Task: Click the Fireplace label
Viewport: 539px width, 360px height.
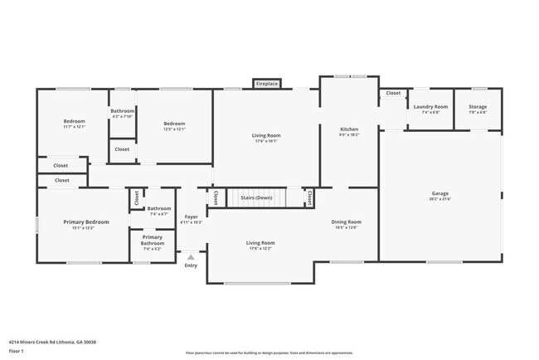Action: tap(267, 84)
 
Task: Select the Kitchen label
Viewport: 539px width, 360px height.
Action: tap(349, 130)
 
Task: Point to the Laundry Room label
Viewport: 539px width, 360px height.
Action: tap(430, 107)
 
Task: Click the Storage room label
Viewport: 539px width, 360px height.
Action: tap(478, 107)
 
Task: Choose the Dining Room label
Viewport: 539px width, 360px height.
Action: tap(347, 221)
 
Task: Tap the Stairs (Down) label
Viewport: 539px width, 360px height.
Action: tap(256, 198)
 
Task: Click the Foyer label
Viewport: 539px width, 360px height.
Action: tap(192, 218)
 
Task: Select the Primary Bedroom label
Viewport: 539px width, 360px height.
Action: tap(86, 222)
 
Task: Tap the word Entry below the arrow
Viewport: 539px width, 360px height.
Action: tap(192, 265)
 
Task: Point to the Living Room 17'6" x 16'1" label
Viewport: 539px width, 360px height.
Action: tap(266, 135)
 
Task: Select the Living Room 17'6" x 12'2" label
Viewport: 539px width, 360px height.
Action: tap(260, 243)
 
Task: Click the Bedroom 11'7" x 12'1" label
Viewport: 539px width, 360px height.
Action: tap(75, 122)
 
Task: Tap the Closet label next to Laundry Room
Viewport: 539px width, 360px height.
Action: tap(392, 93)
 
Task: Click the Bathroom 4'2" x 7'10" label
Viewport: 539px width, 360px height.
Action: tap(123, 111)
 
